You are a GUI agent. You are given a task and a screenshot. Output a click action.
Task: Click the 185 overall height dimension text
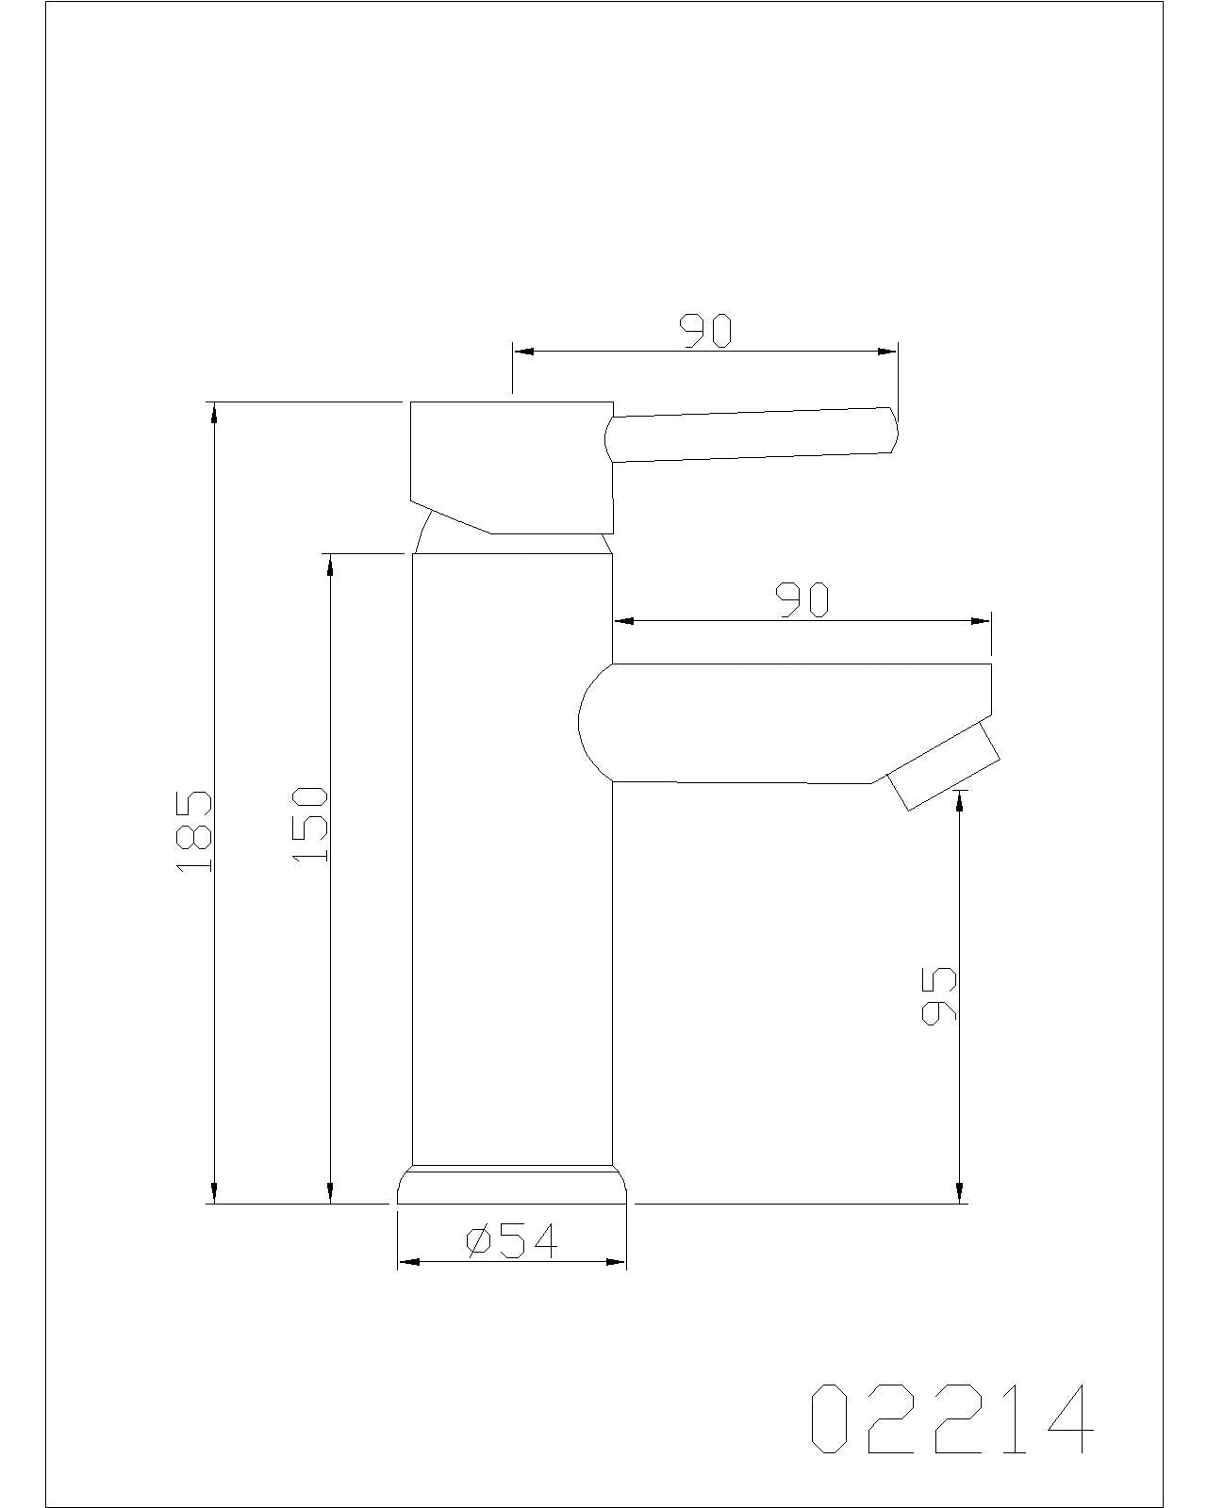194,830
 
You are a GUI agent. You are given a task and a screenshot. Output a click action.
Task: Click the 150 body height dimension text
309,823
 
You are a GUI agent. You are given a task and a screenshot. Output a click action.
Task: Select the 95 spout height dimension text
938,994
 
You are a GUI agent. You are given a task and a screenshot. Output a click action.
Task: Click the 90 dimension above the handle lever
706,331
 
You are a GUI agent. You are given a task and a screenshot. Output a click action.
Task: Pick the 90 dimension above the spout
802,600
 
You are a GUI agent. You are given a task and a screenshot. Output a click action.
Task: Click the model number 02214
951,1419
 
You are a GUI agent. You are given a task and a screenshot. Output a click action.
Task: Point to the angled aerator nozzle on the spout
943,765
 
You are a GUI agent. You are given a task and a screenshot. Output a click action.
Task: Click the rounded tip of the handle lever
893,431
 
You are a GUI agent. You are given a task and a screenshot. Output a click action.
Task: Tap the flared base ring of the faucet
512,1186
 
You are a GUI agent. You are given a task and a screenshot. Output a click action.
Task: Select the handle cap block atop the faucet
512,466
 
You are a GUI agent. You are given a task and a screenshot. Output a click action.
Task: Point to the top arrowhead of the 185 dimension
215,412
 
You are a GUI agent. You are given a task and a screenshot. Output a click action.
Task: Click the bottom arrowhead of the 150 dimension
330,1193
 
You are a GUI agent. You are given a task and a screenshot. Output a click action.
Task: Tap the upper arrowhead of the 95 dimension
960,799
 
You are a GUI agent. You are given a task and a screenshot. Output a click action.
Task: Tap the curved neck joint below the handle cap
423,533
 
